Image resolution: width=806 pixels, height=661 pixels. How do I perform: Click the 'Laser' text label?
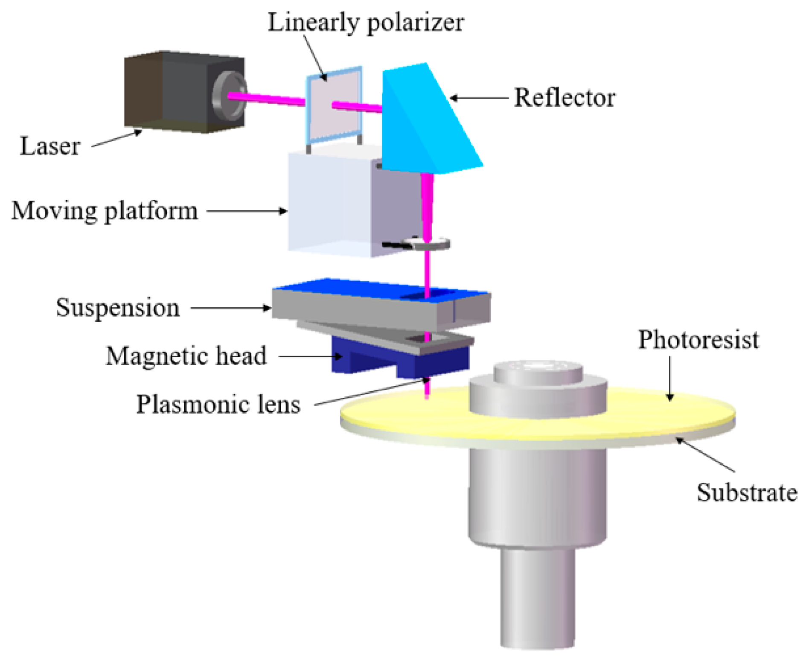point(50,146)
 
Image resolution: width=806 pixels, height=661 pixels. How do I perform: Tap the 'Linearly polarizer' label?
point(365,22)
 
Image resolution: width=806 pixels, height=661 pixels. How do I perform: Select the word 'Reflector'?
point(564,98)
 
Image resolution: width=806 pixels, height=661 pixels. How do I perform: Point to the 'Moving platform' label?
point(105,211)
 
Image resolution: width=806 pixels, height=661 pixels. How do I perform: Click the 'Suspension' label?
point(118,307)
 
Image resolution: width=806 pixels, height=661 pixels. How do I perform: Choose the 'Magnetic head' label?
point(186,355)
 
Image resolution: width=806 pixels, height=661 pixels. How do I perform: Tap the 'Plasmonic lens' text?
point(218,404)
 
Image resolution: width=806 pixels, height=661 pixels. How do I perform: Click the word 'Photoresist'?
point(698,340)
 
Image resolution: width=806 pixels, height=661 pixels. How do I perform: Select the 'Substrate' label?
point(747,492)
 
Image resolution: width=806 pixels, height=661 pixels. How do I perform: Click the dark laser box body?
point(166,92)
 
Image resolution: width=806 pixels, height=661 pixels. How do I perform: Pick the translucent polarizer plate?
point(334,105)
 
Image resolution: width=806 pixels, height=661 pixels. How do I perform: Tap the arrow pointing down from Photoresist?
point(669,378)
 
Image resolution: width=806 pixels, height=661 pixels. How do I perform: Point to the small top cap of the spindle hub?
point(538,371)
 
